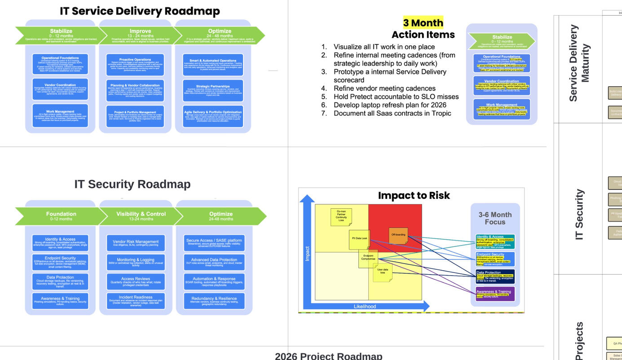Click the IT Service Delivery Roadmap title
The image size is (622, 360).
pos(140,11)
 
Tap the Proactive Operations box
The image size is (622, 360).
pos(135,65)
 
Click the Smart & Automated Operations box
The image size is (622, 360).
pos(213,65)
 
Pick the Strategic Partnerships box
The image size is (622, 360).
pos(213,90)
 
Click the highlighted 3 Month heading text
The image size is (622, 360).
pos(423,23)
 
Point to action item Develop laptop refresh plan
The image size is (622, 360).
pos(390,105)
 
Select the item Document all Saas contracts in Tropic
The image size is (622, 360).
pos(392,114)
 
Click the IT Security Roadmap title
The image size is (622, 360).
pos(132,184)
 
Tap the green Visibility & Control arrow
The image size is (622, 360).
pos(141,216)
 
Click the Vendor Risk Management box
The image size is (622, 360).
pos(136,243)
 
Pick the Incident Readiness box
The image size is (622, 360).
pos(136,300)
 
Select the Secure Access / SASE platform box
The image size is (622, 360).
pos(214,243)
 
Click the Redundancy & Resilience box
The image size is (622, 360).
pos(214,300)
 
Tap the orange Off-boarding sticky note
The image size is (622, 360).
pos(398,236)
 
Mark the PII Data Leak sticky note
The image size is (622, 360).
pos(359,239)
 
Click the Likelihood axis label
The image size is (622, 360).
pos(365,307)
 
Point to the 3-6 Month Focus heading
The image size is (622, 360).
pos(495,218)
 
